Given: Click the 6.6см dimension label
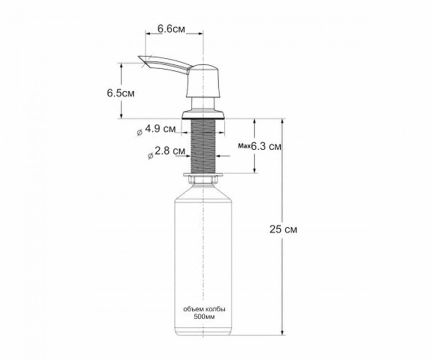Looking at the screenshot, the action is [171, 29].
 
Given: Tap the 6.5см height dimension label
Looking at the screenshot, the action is [121, 93].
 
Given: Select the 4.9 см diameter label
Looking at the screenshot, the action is [160, 128].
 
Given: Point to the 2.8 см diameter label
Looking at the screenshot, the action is [169, 151].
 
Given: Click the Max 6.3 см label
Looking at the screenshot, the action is [260, 146].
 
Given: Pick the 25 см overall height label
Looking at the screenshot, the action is [283, 229].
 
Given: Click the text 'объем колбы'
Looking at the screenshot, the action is [204, 309].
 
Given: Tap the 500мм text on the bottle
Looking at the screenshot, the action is [204, 316].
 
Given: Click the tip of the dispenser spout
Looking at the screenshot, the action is [139, 57].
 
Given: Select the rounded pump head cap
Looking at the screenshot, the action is [203, 81].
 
